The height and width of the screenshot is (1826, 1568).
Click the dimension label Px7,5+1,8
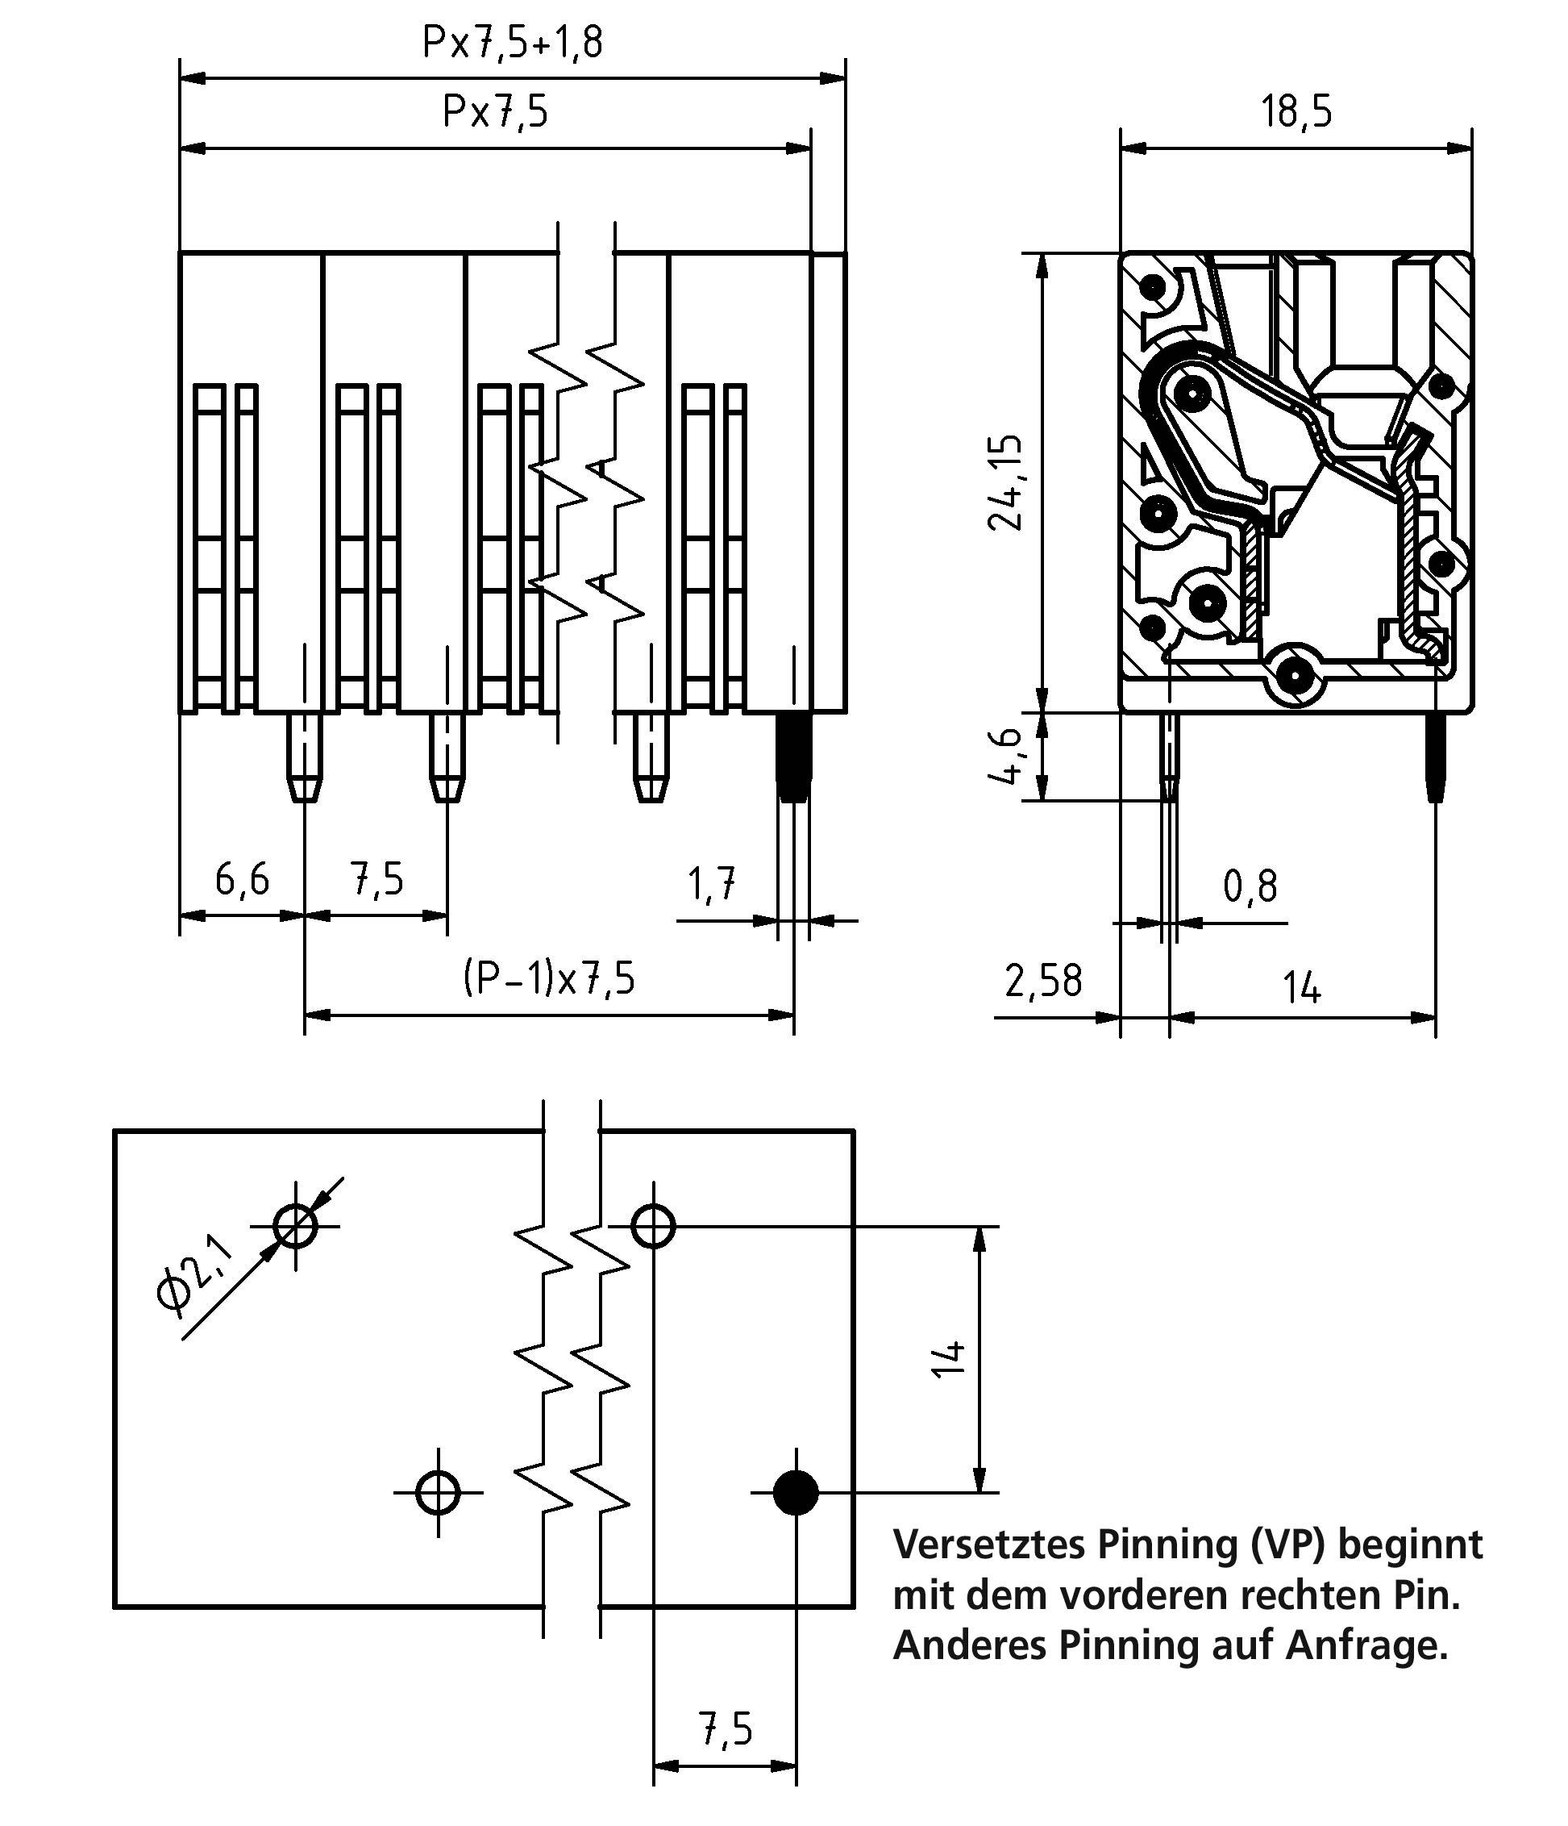[x=513, y=42]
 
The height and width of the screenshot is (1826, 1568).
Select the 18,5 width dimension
[x=1296, y=112]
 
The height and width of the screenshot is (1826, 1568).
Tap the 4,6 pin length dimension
[x=1006, y=757]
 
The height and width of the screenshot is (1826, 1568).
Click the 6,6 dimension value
[x=241, y=879]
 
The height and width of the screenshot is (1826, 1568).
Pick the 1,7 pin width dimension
[x=711, y=884]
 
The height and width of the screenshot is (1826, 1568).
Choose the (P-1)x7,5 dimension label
[x=549, y=979]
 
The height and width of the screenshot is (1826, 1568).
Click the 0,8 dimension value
[x=1250, y=886]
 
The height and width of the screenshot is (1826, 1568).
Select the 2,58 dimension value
[x=1043, y=981]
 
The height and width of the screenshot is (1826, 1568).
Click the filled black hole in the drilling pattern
[x=796, y=1493]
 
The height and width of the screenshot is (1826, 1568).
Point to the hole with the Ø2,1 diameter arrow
[x=295, y=1226]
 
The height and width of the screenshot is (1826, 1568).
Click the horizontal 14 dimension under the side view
[x=1302, y=987]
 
